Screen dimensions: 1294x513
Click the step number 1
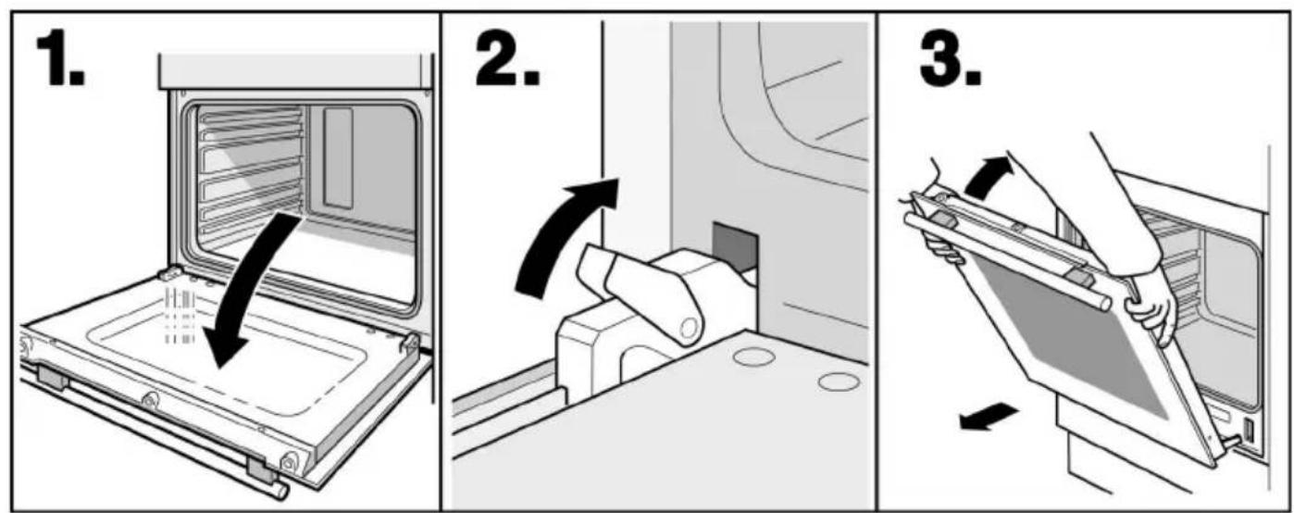coord(59,58)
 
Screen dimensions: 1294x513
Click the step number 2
coord(508,58)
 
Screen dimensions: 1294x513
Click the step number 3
coord(951,58)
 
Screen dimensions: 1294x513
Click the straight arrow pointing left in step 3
coord(989,417)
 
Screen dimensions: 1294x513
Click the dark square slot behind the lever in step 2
coord(734,245)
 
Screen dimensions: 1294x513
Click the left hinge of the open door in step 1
coord(169,272)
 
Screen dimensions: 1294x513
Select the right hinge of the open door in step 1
coord(411,344)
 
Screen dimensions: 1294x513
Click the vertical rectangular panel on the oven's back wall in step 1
coord(338,157)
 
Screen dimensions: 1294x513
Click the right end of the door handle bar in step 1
coord(282,490)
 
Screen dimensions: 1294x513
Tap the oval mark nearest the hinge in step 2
coord(753,357)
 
